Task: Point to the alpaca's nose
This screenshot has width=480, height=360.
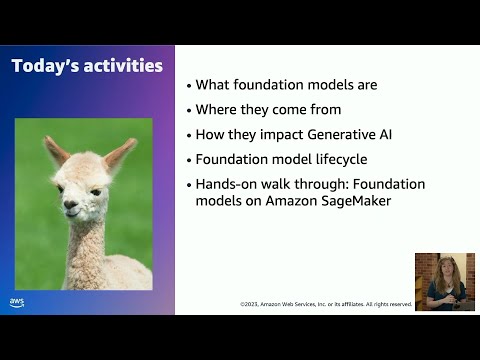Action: coord(71,205)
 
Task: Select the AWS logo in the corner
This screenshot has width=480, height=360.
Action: coord(17,302)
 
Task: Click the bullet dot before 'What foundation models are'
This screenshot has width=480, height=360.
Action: coord(189,86)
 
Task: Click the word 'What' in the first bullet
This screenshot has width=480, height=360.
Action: coord(213,85)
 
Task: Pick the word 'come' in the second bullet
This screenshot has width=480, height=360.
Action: coord(320,110)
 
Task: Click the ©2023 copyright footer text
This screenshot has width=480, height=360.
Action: coord(325,304)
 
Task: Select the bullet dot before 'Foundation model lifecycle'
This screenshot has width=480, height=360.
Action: coord(189,160)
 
